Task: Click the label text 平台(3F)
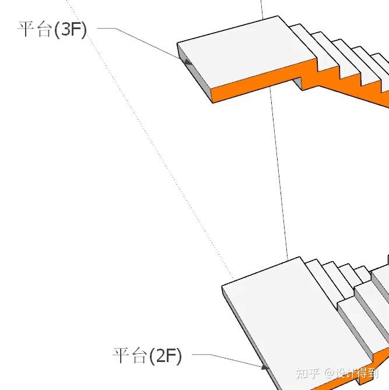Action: pos(52,29)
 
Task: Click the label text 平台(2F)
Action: pos(147,354)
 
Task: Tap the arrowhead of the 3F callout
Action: pos(187,61)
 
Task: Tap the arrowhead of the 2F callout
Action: pos(265,367)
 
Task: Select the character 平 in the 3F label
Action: pos(27,29)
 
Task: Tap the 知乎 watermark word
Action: pos(307,373)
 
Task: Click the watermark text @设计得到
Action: pos(353,373)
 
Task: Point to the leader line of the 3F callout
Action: pos(146,41)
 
